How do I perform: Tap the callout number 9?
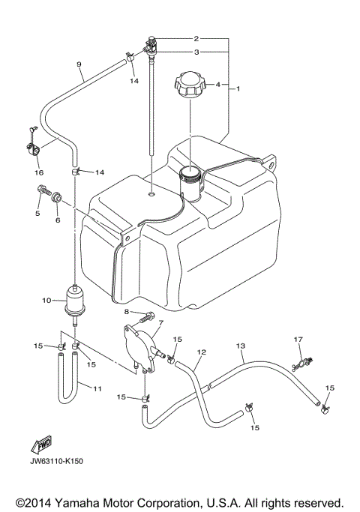[x=79, y=65]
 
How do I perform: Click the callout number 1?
[x=238, y=89]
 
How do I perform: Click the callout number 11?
[x=97, y=388]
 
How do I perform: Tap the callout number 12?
[x=200, y=352]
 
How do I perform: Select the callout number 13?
[x=241, y=346]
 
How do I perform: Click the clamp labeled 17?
[x=300, y=363]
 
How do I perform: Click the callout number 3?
[x=196, y=52]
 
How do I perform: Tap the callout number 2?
[x=196, y=37]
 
